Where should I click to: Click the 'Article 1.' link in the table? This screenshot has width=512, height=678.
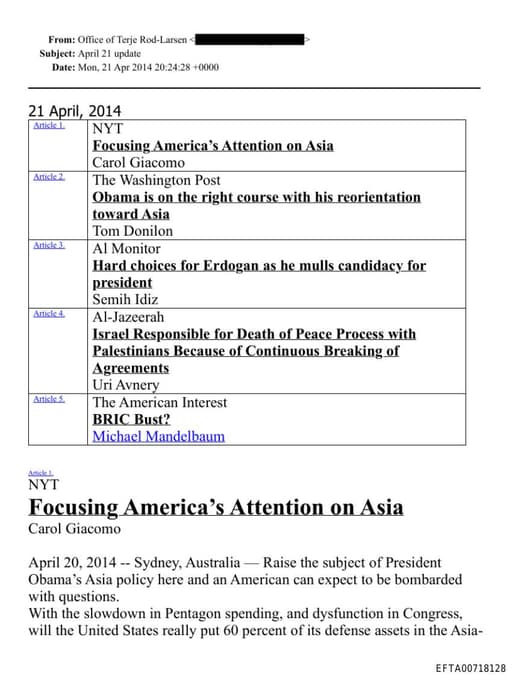[x=48, y=126]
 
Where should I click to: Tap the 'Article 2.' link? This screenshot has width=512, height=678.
[x=48, y=177]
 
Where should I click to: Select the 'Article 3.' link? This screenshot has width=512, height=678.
[x=48, y=245]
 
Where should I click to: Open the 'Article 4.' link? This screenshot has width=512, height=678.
[x=48, y=314]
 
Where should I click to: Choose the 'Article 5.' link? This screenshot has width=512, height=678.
[x=48, y=399]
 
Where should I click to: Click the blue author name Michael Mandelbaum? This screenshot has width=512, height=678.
[x=158, y=436]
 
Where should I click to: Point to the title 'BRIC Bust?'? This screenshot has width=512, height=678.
[x=131, y=419]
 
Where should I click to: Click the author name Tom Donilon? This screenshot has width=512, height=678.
[x=132, y=231]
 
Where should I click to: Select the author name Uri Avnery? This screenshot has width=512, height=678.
[x=126, y=385]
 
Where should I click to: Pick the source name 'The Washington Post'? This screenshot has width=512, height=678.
[x=156, y=181]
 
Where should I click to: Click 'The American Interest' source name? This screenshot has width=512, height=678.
[x=159, y=402]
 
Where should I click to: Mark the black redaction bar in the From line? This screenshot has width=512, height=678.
[x=250, y=40]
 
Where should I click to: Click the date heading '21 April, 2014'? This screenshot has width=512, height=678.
[x=74, y=111]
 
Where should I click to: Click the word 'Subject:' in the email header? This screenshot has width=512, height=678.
[x=57, y=53]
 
